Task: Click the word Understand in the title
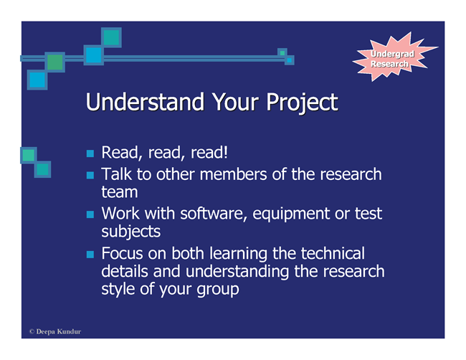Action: pyautogui.click(x=145, y=102)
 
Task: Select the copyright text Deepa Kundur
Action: pyautogui.click(x=55, y=331)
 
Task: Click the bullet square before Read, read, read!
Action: pyautogui.click(x=90, y=153)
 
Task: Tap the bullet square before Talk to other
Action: pyautogui.click(x=90, y=175)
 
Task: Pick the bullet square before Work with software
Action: pyautogui.click(x=90, y=214)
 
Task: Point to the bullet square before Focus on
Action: pyautogui.click(x=90, y=255)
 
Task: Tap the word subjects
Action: pyautogui.click(x=130, y=232)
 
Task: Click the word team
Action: pyautogui.click(x=120, y=192)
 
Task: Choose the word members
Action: pyautogui.click(x=233, y=174)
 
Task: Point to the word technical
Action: pyautogui.click(x=333, y=253)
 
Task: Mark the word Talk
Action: pyautogui.click(x=116, y=174)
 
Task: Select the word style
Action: pyautogui.click(x=118, y=289)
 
